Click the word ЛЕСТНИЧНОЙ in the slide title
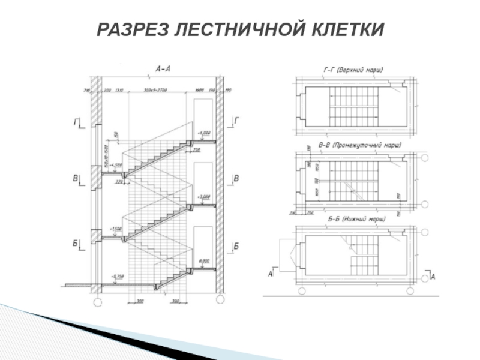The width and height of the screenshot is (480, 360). [x=239, y=29]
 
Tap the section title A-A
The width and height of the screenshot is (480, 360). [x=163, y=70]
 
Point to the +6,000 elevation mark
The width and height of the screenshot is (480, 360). [x=204, y=133]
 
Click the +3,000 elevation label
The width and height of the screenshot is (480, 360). [x=204, y=196]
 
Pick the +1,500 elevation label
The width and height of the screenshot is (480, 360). [x=116, y=229]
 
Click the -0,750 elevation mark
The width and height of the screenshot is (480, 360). [x=118, y=276]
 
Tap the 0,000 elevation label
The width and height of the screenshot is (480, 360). [x=204, y=261]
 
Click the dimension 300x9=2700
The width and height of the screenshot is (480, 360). [x=155, y=90]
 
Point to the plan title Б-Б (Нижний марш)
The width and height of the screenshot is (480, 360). [x=353, y=220]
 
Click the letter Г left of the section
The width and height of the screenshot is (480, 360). [x=77, y=122]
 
